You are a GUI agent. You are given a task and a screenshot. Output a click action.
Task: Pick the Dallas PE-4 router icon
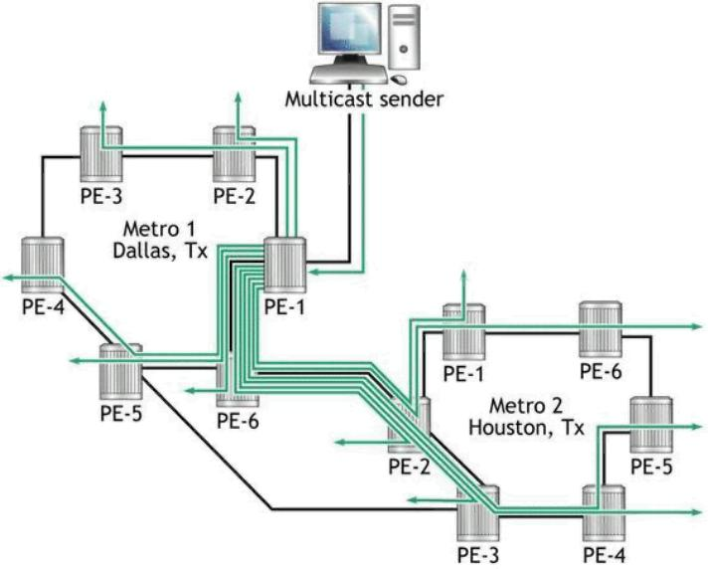42,262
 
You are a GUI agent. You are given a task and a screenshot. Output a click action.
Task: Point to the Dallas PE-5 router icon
120,371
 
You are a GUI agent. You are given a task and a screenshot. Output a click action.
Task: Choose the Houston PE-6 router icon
601,329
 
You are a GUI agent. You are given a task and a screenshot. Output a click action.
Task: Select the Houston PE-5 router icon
652,425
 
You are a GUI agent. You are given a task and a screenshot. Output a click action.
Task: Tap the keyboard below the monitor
343,77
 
